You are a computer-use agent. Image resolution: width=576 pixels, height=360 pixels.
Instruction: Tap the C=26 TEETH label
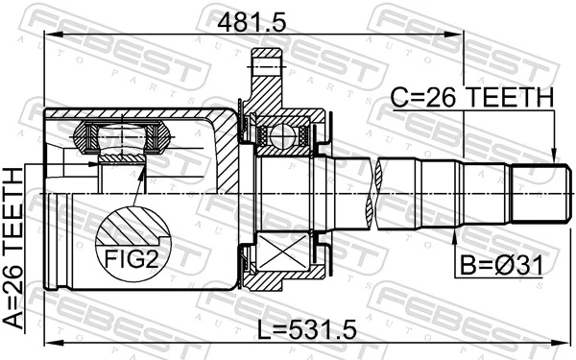(x=471, y=98)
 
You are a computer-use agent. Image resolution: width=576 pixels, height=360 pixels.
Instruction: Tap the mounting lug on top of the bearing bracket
(x=265, y=66)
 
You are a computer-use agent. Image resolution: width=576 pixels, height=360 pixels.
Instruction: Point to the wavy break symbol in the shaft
(x=381, y=192)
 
